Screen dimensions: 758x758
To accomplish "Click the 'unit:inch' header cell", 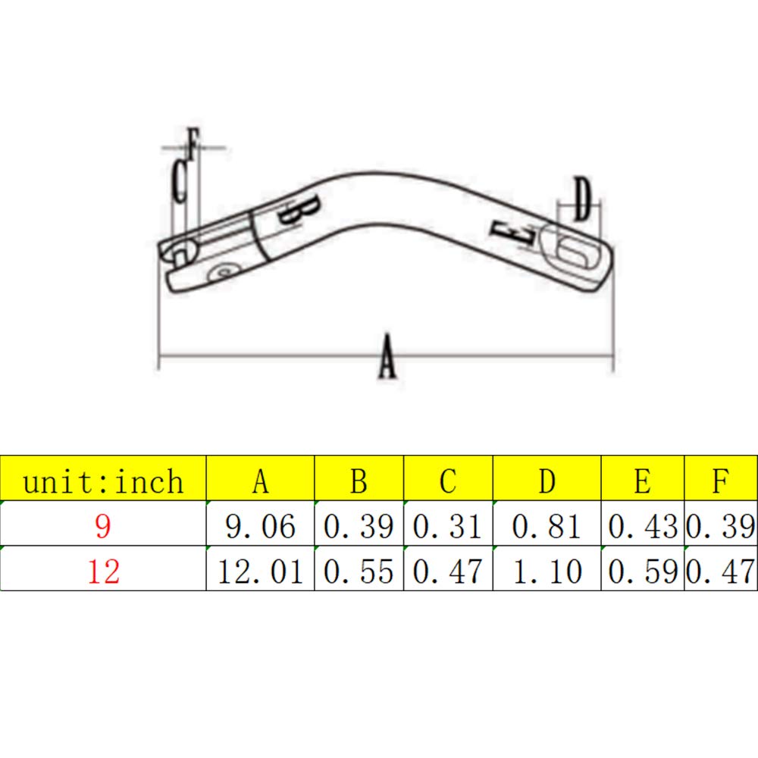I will (x=103, y=481).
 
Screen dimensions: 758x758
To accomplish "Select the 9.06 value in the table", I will (x=260, y=526).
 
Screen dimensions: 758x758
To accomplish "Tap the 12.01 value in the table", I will (x=260, y=571).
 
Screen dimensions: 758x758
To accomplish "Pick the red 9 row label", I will (x=103, y=526).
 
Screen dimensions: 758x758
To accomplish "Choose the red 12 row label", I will (x=103, y=571).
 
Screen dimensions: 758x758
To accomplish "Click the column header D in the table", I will (x=547, y=481).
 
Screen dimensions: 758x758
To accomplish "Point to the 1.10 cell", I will (x=547, y=571).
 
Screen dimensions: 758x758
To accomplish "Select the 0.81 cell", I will (x=547, y=526).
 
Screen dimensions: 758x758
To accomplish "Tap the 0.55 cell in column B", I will (x=359, y=571).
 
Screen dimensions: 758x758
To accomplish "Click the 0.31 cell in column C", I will (x=448, y=526).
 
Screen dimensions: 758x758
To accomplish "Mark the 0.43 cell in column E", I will (x=642, y=526).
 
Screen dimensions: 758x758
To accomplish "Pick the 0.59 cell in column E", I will (x=642, y=571).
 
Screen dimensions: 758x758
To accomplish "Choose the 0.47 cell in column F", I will (x=721, y=571).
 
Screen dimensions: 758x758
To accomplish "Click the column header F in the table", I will (x=721, y=481).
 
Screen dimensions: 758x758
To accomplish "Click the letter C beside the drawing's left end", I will (x=179, y=181).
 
